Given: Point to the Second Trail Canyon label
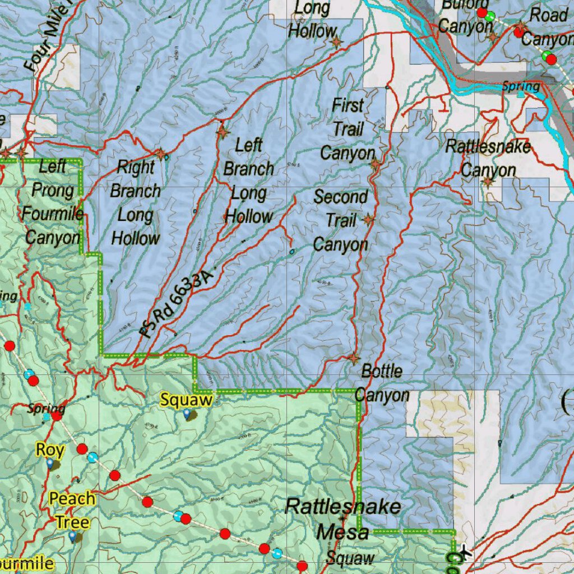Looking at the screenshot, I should [341, 221].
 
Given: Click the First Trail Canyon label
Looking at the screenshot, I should [348, 129].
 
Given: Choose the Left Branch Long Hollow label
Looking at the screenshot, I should [248, 180].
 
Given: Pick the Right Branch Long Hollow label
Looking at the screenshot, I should [135, 202].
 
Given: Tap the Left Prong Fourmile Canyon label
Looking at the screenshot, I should [53, 202].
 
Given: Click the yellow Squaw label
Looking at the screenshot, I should [186, 400].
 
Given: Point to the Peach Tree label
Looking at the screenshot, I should [72, 510].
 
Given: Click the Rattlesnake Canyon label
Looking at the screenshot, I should [488, 159].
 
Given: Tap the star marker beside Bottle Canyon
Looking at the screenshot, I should [354, 358].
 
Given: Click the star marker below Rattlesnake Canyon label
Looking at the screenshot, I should [488, 182].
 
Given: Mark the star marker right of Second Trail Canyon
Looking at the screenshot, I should [368, 220].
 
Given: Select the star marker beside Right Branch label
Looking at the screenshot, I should [160, 153].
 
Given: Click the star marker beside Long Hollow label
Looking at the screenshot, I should [336, 42].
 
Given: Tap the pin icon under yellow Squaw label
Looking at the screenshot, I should [187, 414].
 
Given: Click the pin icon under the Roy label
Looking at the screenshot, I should [50, 463].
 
